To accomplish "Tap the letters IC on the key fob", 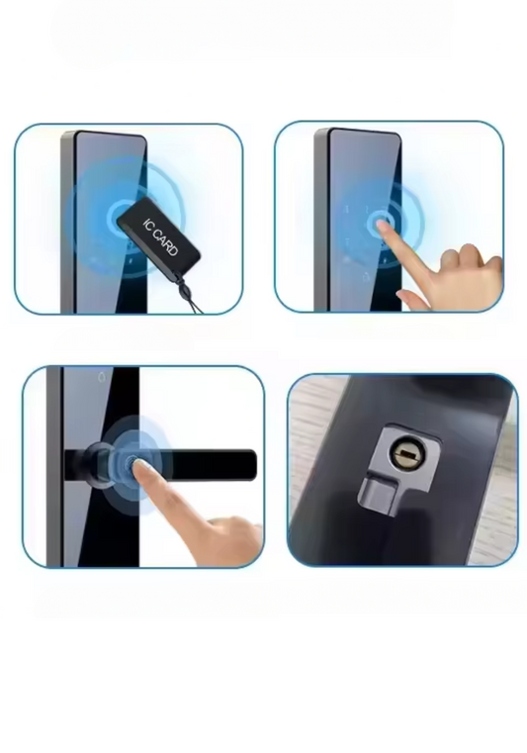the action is (147, 224).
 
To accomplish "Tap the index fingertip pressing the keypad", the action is (381, 225).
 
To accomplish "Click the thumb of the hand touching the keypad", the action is (412, 299).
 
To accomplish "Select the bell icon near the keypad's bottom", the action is (366, 276).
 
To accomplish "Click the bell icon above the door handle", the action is (102, 377).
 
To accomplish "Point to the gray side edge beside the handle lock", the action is (54, 466).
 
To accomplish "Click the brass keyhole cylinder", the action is (408, 453).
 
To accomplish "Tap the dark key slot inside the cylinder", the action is (409, 453).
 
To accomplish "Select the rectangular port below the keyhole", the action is (378, 495).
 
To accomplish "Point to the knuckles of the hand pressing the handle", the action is (230, 533).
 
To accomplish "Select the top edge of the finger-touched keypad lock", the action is (364, 131).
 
